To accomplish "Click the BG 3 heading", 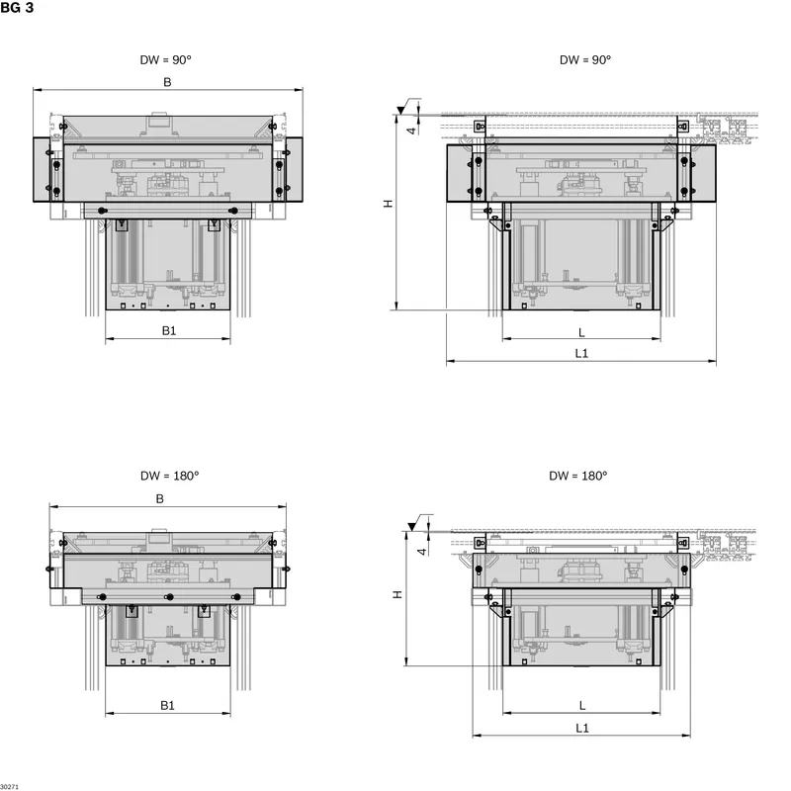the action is [x=17, y=8].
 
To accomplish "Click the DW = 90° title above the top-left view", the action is [x=165, y=60].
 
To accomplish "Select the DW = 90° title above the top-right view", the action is [x=585, y=60].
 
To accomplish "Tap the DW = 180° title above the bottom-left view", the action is [x=169, y=476].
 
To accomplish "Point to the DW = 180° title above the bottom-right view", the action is [x=578, y=476].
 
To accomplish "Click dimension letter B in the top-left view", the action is [x=167, y=82].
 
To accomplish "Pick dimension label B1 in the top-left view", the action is [x=169, y=331].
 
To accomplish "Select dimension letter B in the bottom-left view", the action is [x=160, y=499].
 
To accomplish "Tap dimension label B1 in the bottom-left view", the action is [x=167, y=705].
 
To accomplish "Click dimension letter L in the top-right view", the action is [x=581, y=332].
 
